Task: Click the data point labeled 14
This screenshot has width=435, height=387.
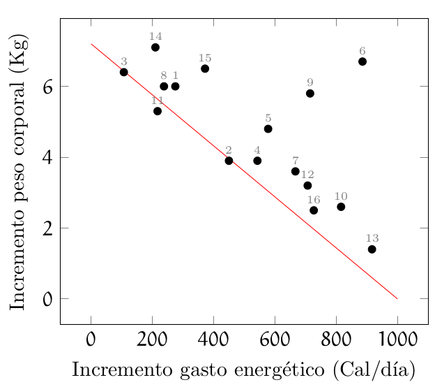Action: tap(155, 48)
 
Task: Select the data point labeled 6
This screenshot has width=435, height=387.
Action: tap(362, 61)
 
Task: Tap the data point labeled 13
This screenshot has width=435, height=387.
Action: tap(372, 249)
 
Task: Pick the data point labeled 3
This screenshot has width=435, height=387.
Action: tap(124, 72)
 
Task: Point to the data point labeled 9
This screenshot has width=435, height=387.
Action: tap(310, 94)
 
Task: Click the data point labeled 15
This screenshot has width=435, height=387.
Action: tap(205, 68)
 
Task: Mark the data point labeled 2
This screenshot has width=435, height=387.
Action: tap(229, 161)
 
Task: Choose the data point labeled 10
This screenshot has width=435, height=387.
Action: tap(341, 207)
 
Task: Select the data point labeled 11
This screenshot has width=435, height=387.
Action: tap(158, 111)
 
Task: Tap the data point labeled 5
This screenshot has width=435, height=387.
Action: tap(268, 129)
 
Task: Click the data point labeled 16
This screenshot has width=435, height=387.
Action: tap(314, 210)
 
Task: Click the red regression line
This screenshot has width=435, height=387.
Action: tap(244, 171)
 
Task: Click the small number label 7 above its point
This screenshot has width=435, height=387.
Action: tap(296, 161)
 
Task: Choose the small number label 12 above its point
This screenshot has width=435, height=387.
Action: tap(307, 175)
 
